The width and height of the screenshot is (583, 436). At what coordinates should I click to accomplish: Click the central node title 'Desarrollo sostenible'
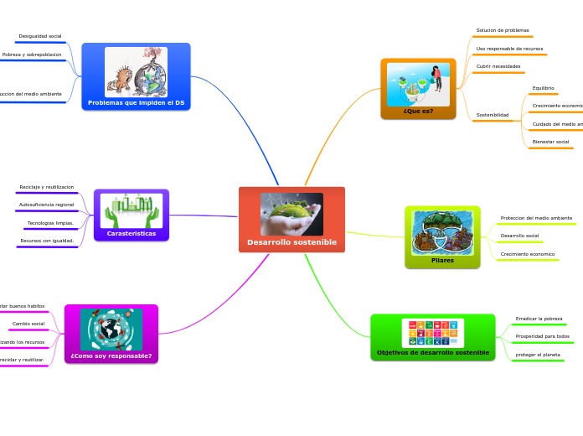pyautogui.click(x=291, y=242)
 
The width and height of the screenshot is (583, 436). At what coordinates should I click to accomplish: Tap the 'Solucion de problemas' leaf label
pyautogui.click(x=503, y=30)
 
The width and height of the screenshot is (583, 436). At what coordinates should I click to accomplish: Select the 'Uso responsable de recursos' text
pyautogui.click(x=509, y=49)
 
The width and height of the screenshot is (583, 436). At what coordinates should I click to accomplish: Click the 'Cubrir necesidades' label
pyautogui.click(x=498, y=66)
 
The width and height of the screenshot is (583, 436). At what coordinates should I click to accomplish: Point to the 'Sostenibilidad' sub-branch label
pyautogui.click(x=493, y=115)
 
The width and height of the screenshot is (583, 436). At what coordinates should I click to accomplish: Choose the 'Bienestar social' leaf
pyautogui.click(x=550, y=142)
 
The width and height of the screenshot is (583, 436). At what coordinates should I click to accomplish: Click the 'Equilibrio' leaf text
pyautogui.click(x=543, y=88)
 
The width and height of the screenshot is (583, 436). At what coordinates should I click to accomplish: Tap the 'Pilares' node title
pyautogui.click(x=442, y=261)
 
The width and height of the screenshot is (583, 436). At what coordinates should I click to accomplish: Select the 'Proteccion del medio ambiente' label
pyautogui.click(x=536, y=218)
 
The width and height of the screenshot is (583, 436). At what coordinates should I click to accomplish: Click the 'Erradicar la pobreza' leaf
pyautogui.click(x=539, y=319)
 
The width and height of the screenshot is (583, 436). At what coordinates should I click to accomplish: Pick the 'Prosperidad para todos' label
pyautogui.click(x=542, y=336)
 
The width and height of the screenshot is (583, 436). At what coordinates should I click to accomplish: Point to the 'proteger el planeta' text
pyautogui.click(x=538, y=355)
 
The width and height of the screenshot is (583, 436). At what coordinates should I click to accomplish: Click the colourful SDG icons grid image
pyautogui.click(x=433, y=333)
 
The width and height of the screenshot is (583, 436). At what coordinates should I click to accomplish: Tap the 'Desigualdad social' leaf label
pyautogui.click(x=40, y=37)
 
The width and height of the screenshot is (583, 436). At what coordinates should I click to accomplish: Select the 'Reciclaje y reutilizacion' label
pyautogui.click(x=47, y=187)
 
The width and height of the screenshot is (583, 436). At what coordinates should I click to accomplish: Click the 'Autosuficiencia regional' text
pyautogui.click(x=47, y=205)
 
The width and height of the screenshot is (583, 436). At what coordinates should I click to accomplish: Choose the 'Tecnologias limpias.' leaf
pyautogui.click(x=50, y=223)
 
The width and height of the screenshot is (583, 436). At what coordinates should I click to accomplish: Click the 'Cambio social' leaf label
pyautogui.click(x=28, y=324)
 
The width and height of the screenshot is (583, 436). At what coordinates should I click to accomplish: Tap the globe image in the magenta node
pyautogui.click(x=111, y=330)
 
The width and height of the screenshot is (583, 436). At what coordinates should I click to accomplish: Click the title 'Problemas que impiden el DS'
pyautogui.click(x=136, y=103)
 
